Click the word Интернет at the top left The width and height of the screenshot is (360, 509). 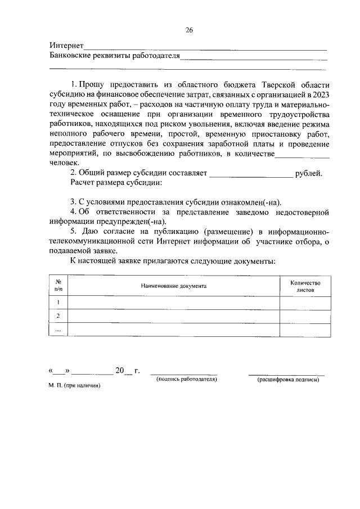point(66,46)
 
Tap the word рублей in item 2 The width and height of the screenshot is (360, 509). point(309,173)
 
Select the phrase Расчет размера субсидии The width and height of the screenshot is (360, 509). point(116,183)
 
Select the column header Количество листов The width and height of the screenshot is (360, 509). point(305,287)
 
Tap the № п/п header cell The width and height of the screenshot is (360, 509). point(58,287)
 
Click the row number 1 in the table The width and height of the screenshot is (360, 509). point(58,303)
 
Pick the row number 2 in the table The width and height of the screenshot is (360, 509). point(58,316)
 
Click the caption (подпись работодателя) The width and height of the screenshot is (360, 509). point(187,380)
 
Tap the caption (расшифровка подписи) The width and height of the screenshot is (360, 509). point(288,380)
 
